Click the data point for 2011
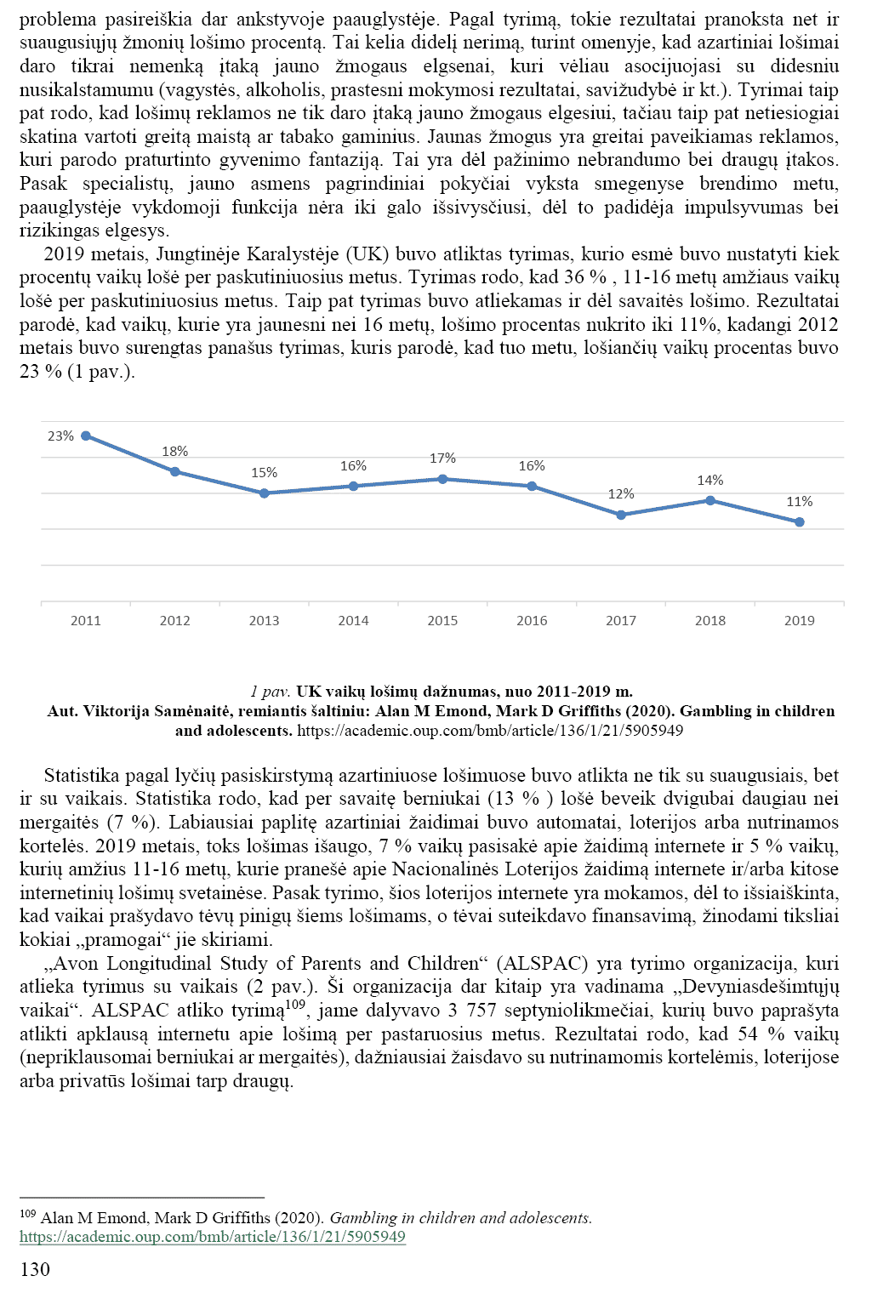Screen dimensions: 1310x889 coord(86,436)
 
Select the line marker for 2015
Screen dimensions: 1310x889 coord(442,479)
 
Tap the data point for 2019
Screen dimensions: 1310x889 coord(800,522)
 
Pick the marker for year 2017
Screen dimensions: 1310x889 coord(621,515)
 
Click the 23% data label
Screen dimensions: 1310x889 coord(60,436)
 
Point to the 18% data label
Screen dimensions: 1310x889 coord(175,452)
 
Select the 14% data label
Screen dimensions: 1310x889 coord(710,481)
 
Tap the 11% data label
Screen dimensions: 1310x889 coord(800,502)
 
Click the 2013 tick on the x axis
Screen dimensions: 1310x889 coord(264,621)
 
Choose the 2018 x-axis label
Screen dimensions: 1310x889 coord(710,621)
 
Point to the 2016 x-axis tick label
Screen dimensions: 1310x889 coord(532,621)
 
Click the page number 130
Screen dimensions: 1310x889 coord(35,1270)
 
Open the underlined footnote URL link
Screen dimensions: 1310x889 coord(213,1237)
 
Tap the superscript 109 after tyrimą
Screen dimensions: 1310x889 coord(295,1005)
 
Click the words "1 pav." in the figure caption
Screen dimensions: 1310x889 coord(271,692)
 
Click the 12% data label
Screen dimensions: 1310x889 coord(621,494)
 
